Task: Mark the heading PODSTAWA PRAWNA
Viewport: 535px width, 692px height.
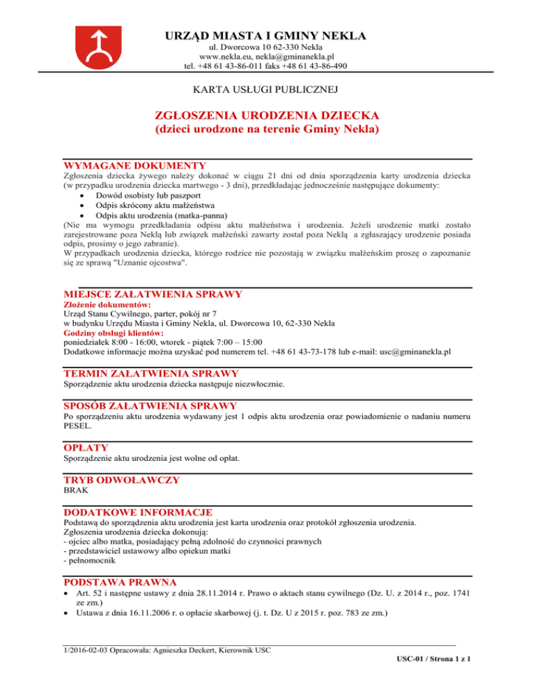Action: (120, 581)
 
